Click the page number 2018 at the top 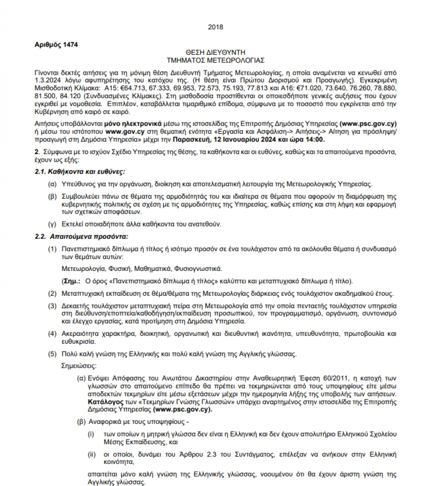(x=215, y=27)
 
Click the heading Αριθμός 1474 (x=56, y=45)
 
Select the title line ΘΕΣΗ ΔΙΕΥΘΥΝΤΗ (x=215, y=52)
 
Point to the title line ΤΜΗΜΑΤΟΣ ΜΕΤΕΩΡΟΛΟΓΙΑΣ (x=215, y=60)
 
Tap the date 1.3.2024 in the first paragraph (x=48, y=80)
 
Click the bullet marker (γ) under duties (x=52, y=224)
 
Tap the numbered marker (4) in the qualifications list (x=52, y=333)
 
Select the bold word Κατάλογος (x=104, y=402)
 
